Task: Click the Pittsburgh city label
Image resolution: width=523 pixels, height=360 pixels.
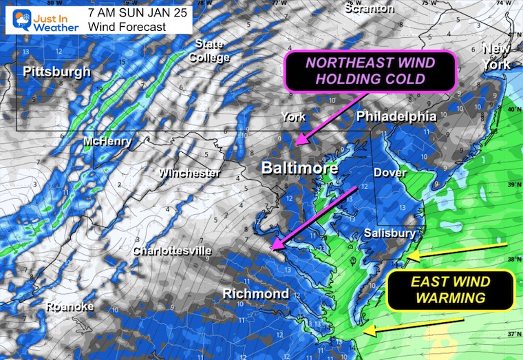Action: click(56, 72)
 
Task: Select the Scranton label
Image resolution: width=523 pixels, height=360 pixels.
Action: click(370, 9)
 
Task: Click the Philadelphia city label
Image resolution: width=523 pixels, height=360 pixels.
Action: click(396, 117)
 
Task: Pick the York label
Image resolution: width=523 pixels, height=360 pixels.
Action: click(294, 117)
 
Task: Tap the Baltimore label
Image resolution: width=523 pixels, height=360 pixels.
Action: click(300, 168)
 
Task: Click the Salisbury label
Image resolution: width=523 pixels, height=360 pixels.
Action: click(389, 233)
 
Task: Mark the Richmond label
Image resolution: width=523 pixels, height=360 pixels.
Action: click(255, 294)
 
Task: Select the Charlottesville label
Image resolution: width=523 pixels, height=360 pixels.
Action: click(173, 251)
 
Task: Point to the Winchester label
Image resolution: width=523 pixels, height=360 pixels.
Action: click(190, 173)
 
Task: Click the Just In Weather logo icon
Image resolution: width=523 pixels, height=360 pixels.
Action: click(14, 18)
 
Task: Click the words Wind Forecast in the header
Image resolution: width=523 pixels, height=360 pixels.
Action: click(127, 27)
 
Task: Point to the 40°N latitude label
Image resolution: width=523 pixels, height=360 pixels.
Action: click(513, 109)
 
